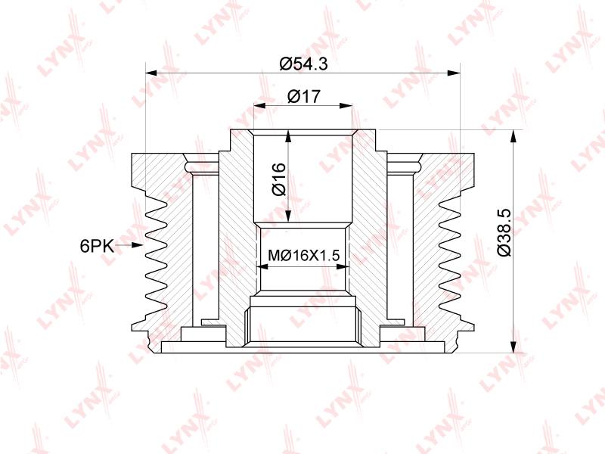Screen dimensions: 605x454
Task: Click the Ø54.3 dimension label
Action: point(304,64)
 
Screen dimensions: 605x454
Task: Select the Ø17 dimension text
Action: point(304,96)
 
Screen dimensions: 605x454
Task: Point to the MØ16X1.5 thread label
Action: point(303,255)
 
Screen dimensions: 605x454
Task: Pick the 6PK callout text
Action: point(97,245)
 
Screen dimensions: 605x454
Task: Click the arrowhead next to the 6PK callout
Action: point(137,245)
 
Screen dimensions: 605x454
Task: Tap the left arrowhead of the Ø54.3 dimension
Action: point(151,73)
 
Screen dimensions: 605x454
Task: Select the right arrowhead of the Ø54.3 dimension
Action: point(455,73)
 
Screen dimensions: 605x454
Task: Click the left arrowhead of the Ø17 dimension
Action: point(259,105)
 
